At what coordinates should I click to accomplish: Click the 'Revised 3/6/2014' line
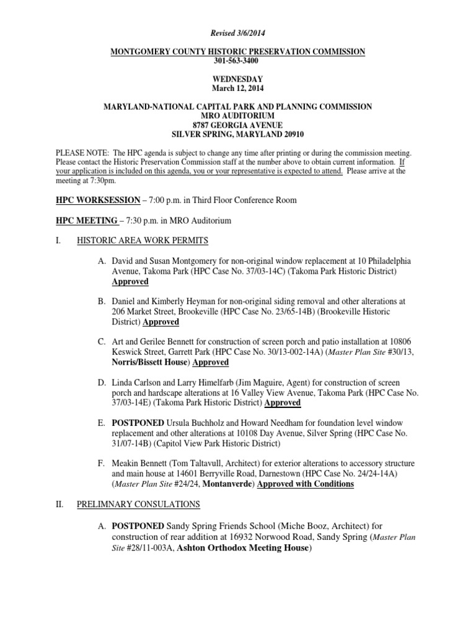pos(237,32)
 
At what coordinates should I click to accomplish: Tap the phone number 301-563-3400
pos(237,61)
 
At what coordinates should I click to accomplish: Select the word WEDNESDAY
pos(237,79)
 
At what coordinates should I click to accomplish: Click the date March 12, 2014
pos(237,88)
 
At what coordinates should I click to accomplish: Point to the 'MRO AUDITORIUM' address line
pos(237,116)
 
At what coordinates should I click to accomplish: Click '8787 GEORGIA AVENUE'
pos(237,124)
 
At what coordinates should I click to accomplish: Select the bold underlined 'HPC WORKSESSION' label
pos(98,200)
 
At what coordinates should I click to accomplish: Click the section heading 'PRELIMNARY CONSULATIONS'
pos(138,505)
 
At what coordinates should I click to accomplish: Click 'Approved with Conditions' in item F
pos(306,484)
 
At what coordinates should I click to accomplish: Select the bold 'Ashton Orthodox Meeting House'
pos(239,548)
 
